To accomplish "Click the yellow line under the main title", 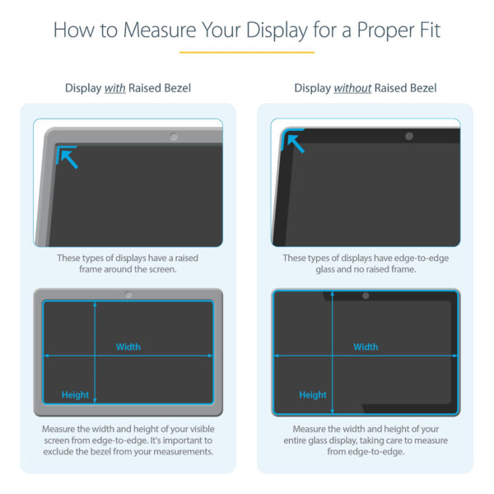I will click(246, 52).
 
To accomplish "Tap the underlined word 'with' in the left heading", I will click(115, 88).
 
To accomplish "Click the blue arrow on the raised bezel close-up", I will click(68, 156).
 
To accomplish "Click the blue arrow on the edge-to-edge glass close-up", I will click(293, 142).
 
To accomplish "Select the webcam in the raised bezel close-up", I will click(174, 137).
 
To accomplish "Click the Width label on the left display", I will click(128, 347).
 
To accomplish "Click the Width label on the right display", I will click(366, 347).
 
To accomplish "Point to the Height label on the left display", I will click(75, 395).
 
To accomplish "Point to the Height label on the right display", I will click(313, 395).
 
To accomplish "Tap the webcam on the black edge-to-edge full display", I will click(366, 295).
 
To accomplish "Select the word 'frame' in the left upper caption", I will click(93, 269).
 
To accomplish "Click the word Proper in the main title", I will click(369, 31).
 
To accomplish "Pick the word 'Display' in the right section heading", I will click(312, 88).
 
